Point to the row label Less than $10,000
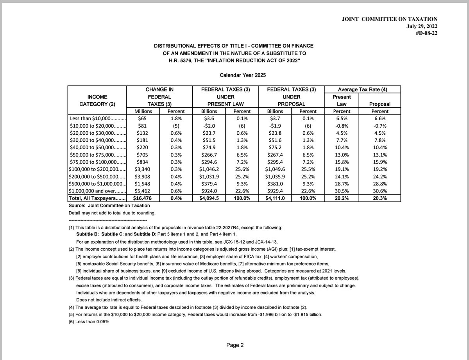click(x=97, y=118)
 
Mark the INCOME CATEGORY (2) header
click(x=97, y=100)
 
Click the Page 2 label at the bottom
click(x=234, y=345)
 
